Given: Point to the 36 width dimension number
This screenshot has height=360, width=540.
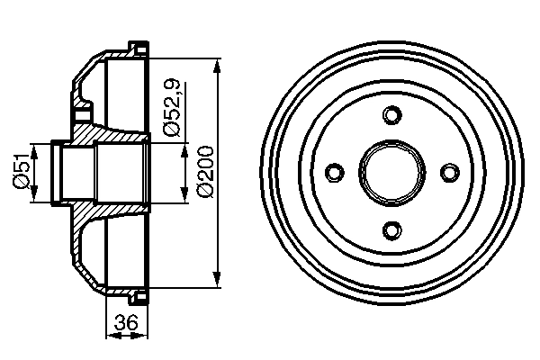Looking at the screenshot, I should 127,320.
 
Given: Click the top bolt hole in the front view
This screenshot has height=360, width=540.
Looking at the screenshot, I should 391,114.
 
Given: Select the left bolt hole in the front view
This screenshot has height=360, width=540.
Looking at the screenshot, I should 334,172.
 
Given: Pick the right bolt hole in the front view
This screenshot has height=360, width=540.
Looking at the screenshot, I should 449,172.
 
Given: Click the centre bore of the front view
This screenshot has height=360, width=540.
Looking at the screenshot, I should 391,172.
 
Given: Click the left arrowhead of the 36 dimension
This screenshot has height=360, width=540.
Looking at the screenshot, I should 112,337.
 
